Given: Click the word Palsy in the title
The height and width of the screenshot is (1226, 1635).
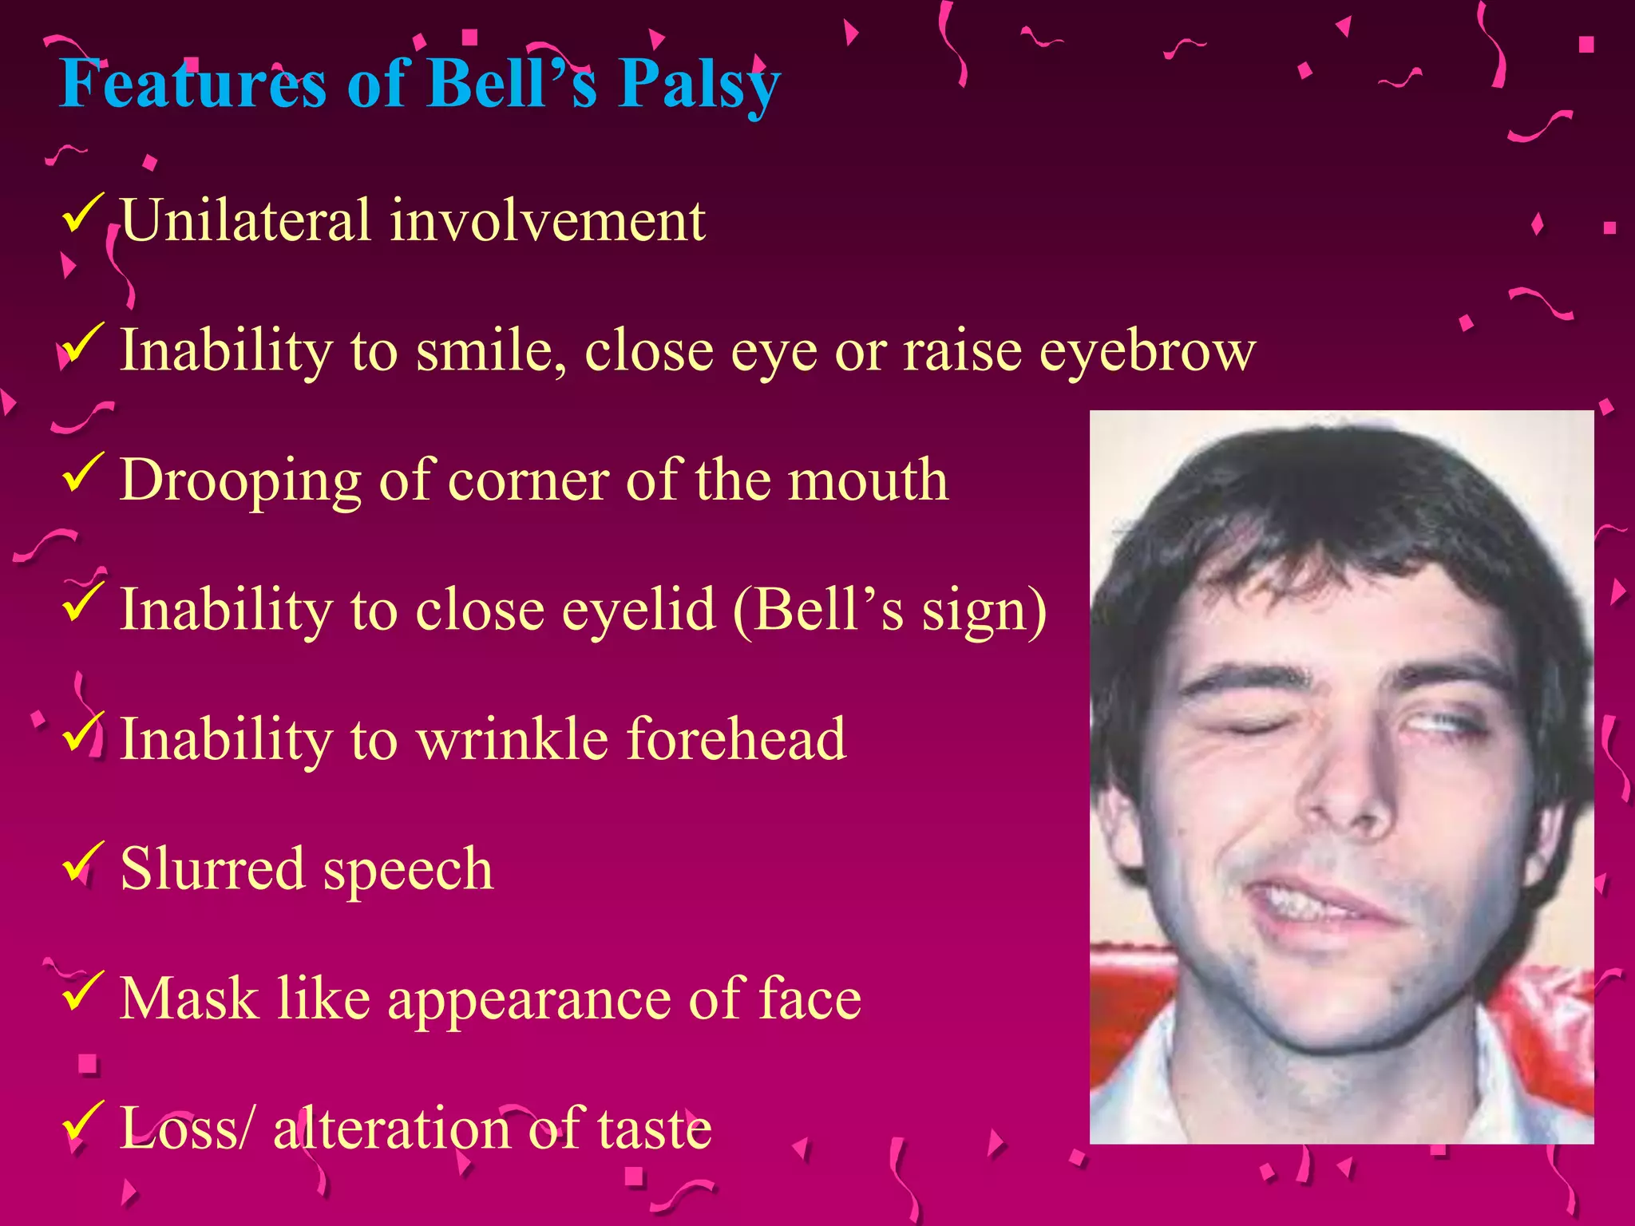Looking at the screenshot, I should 699,85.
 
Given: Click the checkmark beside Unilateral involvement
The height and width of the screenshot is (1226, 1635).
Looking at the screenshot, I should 81,214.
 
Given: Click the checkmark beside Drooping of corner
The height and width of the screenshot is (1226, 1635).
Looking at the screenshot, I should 81,473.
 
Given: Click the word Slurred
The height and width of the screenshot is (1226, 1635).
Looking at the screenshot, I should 212,868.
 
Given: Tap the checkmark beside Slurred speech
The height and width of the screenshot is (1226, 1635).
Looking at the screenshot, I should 81,862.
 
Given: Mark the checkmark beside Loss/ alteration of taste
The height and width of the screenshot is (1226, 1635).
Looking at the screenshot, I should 81,1121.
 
